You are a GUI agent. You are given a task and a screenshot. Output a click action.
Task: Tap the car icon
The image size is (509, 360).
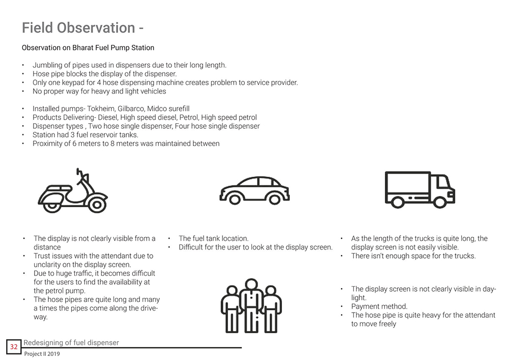coord(254,190)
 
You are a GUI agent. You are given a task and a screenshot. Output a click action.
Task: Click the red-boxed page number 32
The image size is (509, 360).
coord(14,347)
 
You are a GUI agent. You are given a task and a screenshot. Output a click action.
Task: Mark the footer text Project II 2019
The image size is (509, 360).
coord(42,354)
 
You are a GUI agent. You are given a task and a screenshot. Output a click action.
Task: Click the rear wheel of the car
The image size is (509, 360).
coord(235,199)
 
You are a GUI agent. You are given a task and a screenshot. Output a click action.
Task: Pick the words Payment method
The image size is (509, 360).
coord(379,307)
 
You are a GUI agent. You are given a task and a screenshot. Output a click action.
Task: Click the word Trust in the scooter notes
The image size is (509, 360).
coord(43,256)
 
